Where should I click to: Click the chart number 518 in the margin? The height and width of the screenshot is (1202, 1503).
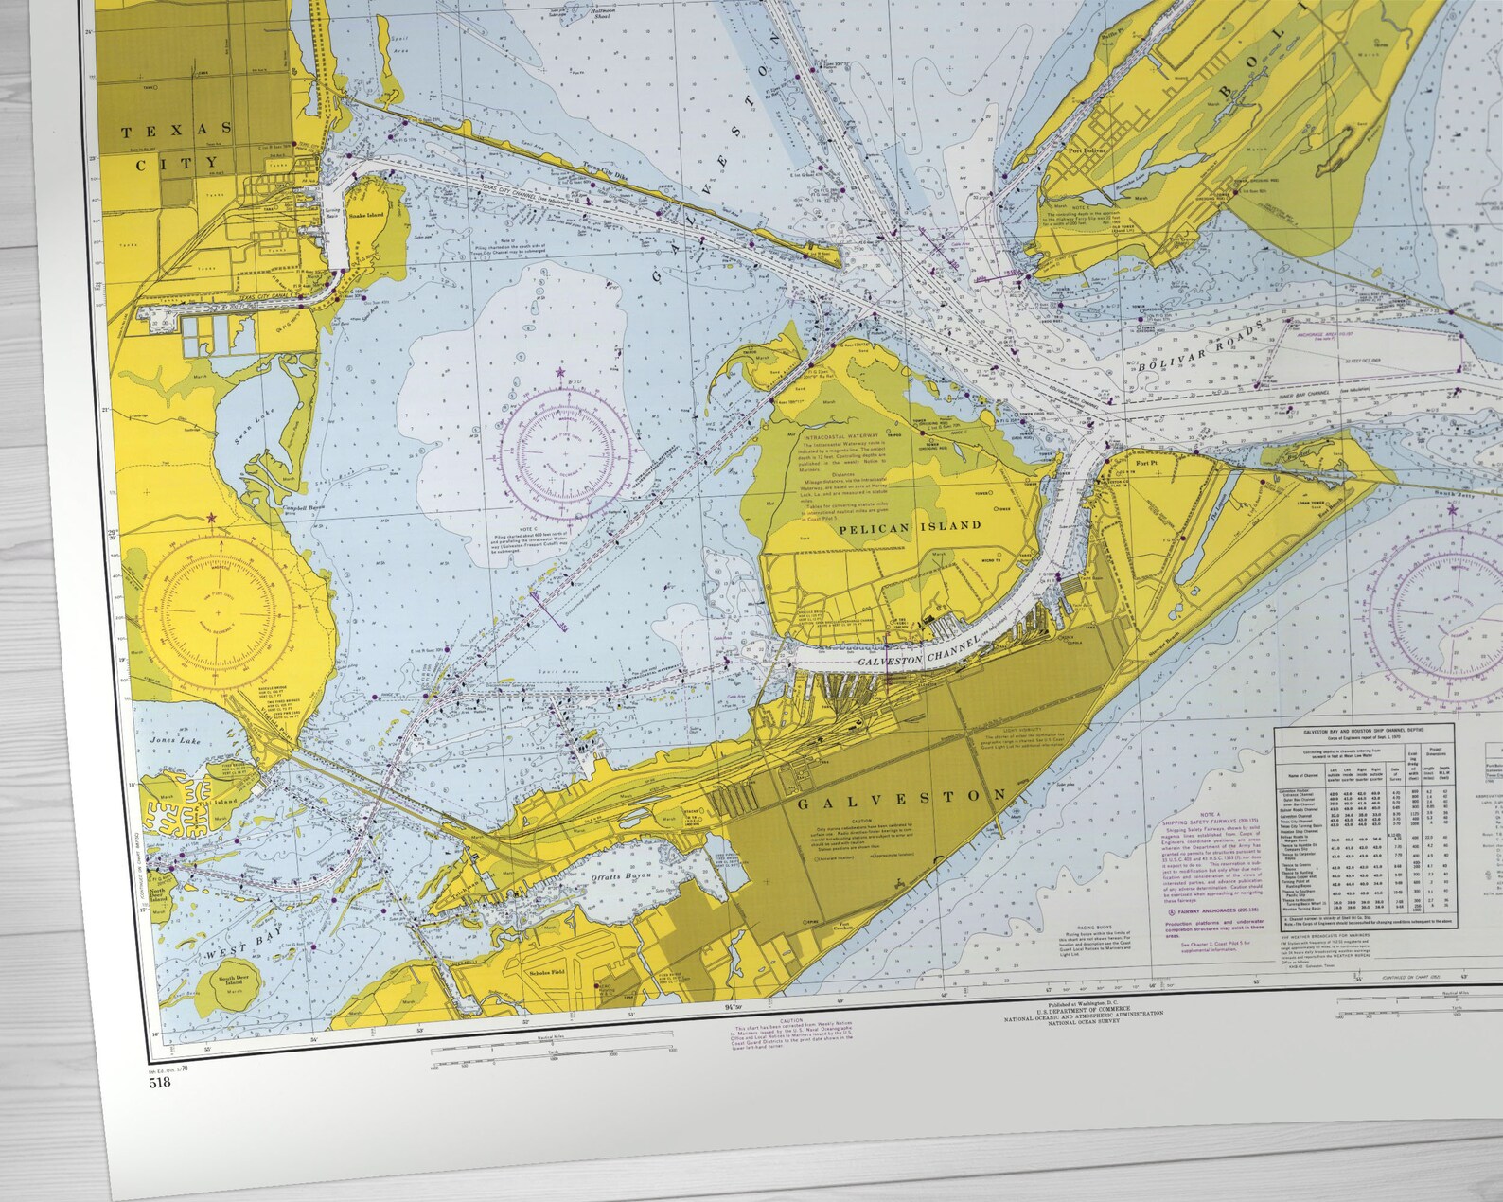click(x=159, y=1083)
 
